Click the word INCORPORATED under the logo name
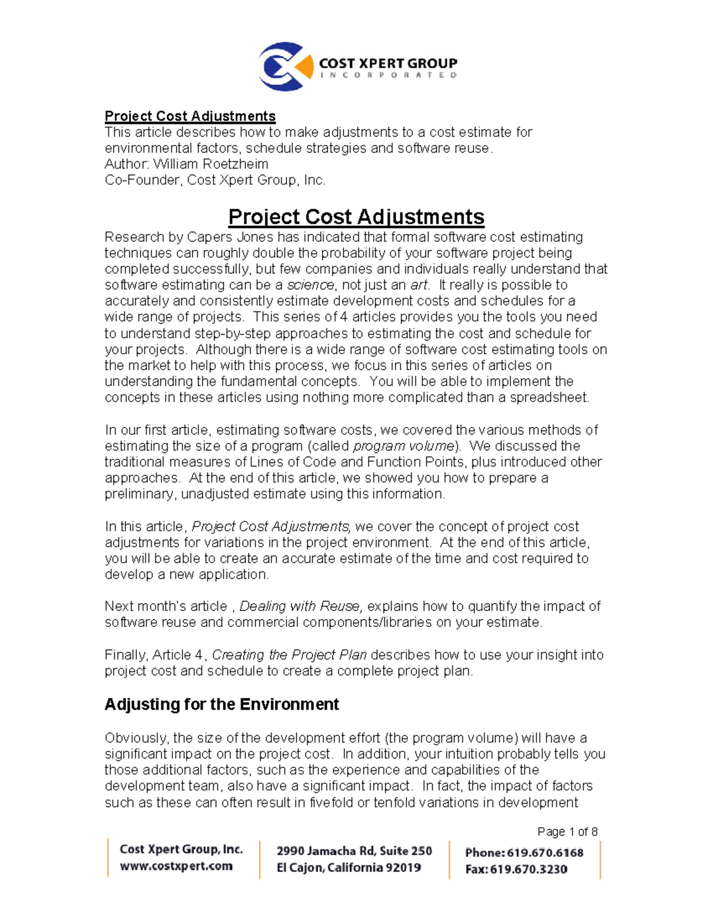pyautogui.click(x=388, y=76)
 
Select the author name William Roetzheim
pyautogui.click(x=210, y=164)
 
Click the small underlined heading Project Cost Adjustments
pyautogui.click(x=190, y=116)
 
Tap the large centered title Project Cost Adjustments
pyautogui.click(x=356, y=216)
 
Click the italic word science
pyautogui.click(x=311, y=285)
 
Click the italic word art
pyautogui.click(x=419, y=285)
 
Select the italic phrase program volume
pyautogui.click(x=404, y=446)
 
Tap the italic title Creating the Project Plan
pyautogui.click(x=289, y=655)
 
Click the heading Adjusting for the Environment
pyautogui.click(x=222, y=704)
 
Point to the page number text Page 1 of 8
pyautogui.click(x=567, y=831)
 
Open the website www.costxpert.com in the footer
pyautogui.click(x=176, y=866)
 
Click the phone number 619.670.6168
pyautogui.click(x=545, y=853)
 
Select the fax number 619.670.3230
pyautogui.click(x=528, y=869)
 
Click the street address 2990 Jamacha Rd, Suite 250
pyautogui.click(x=354, y=851)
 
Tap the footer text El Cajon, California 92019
pyautogui.click(x=349, y=868)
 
